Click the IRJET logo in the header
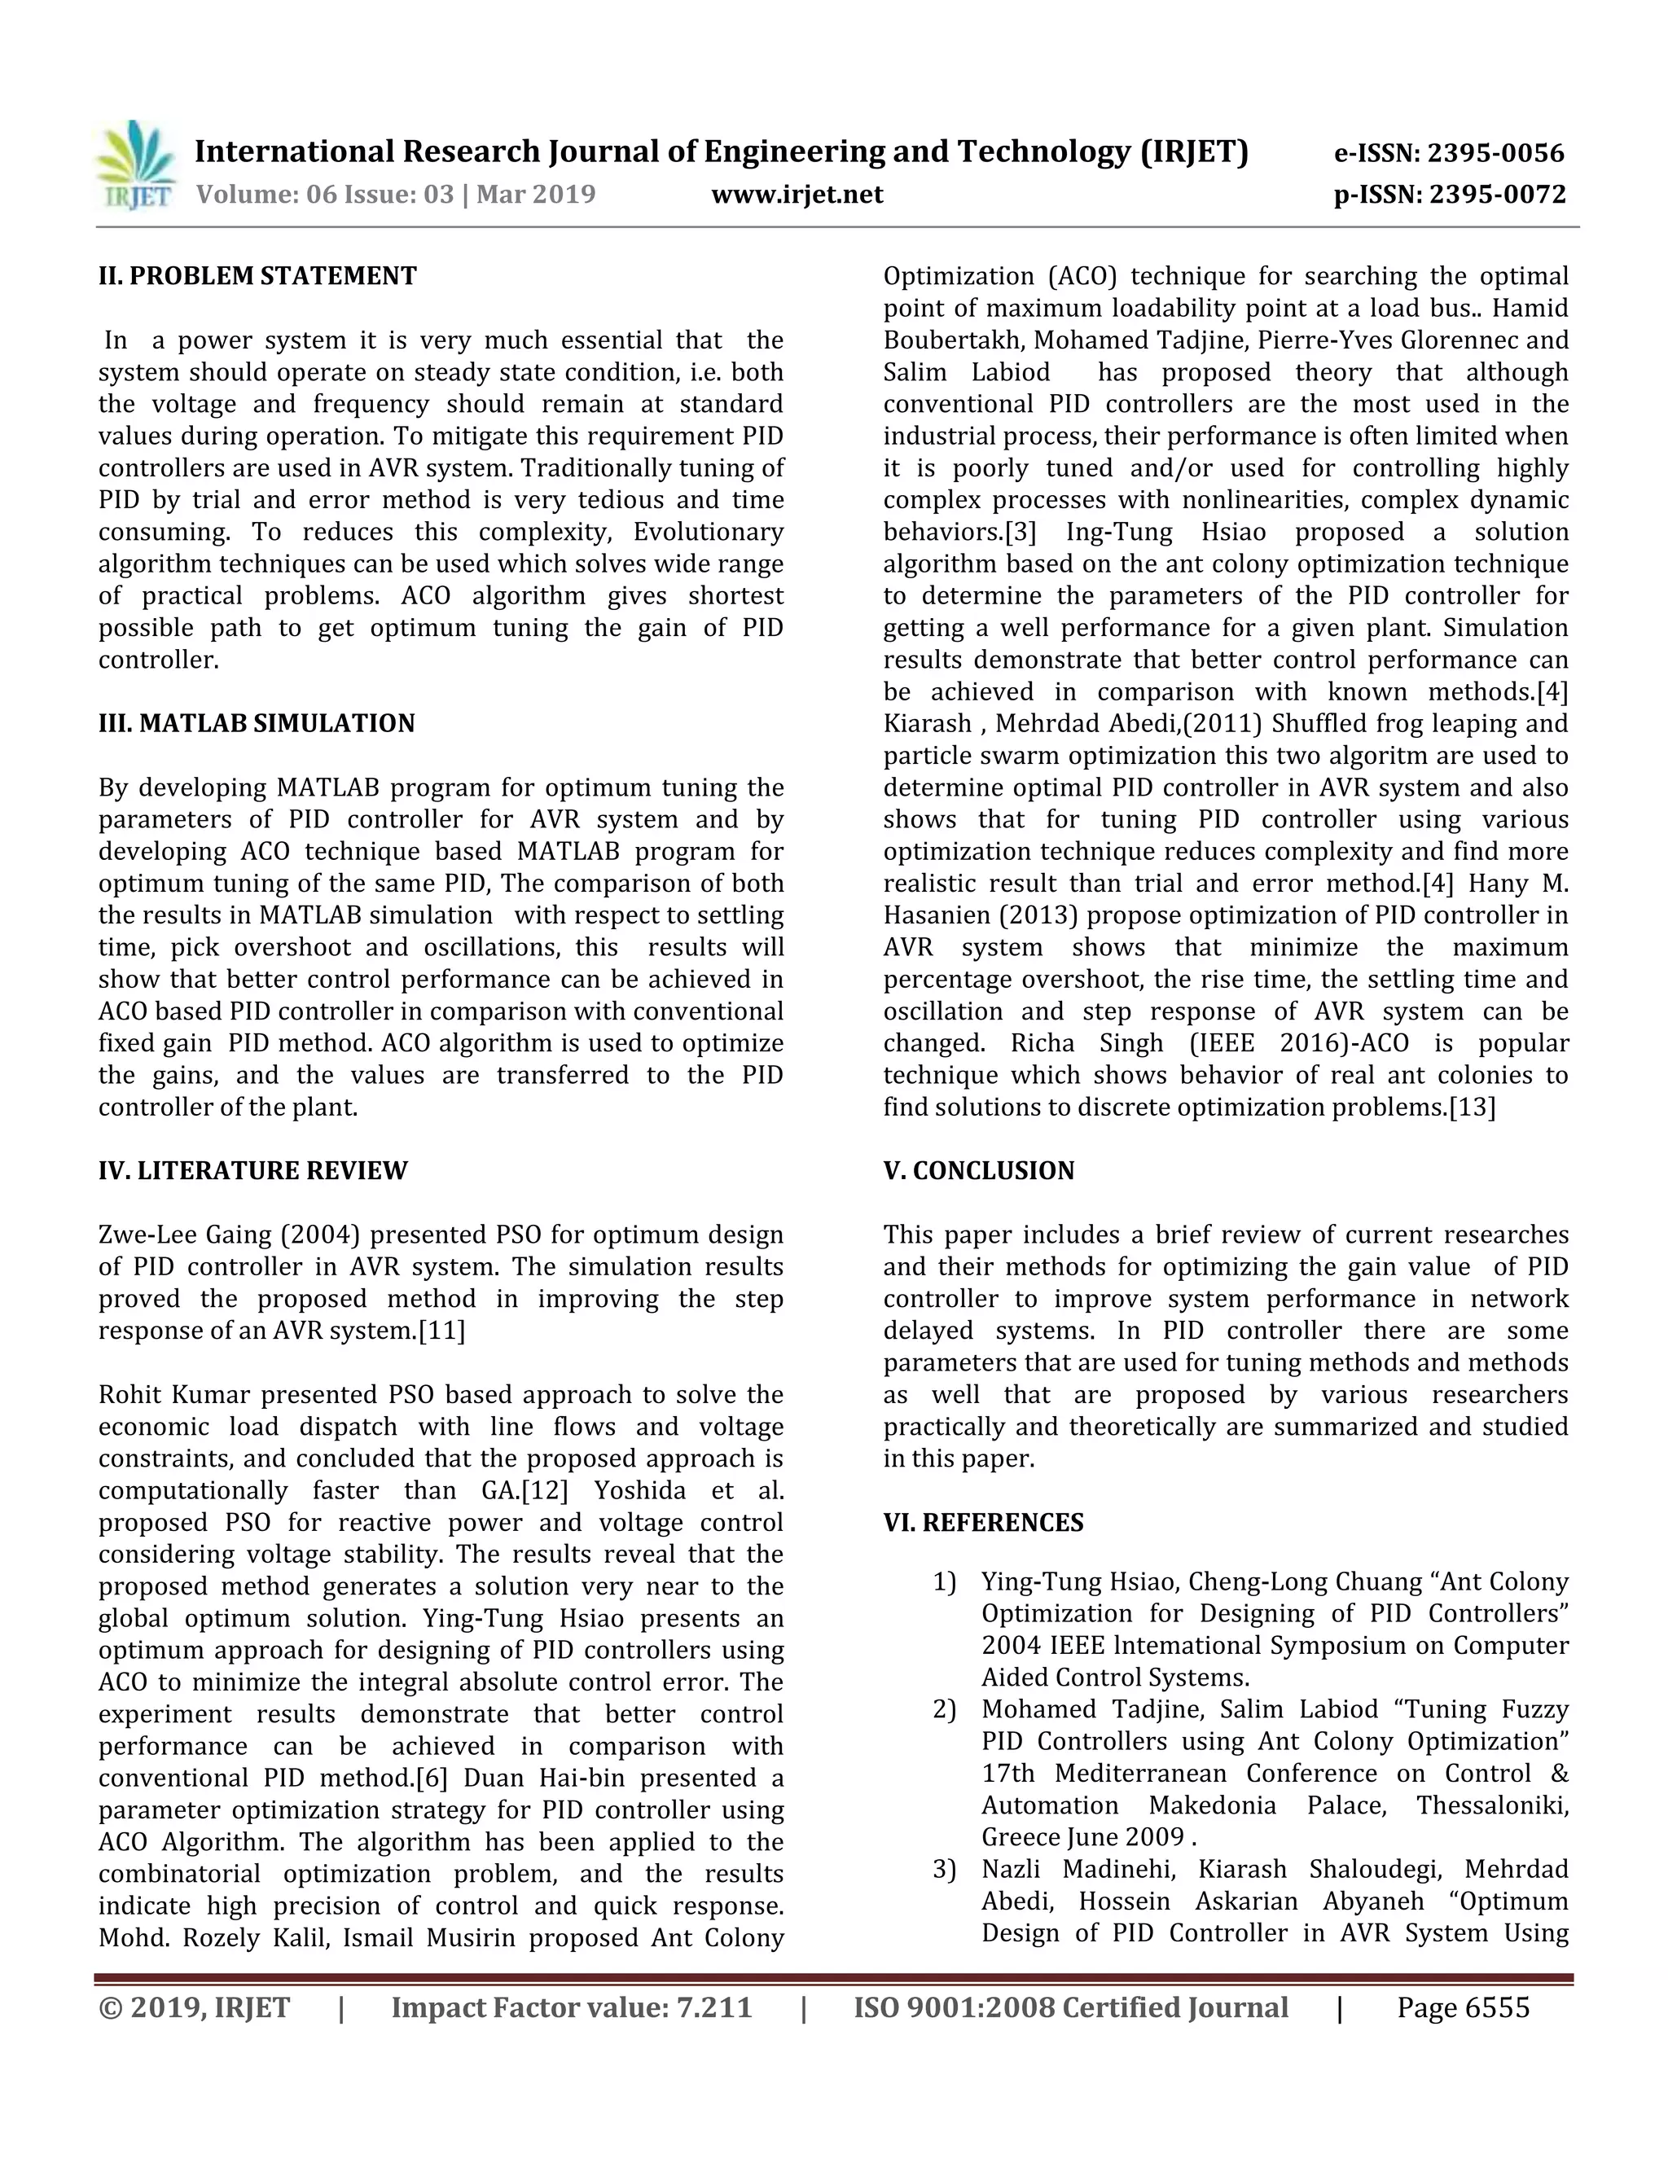tap(136, 166)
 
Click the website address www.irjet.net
tap(797, 195)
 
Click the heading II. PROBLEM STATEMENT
tap(257, 276)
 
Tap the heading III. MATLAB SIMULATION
tap(257, 723)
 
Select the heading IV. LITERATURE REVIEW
tap(253, 1171)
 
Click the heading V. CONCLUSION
tap(978, 1171)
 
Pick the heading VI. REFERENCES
tap(983, 1523)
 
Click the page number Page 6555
tap(1463, 2009)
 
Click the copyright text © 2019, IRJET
tap(195, 2009)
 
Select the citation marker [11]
tap(441, 1331)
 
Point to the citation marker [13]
tap(1472, 1108)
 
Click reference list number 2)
tap(945, 1710)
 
